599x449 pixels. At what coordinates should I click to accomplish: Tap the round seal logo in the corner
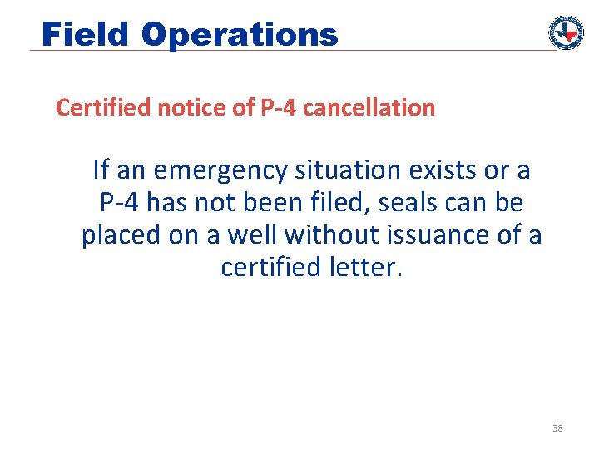tap(566, 32)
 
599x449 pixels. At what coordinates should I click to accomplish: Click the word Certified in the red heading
tap(94, 108)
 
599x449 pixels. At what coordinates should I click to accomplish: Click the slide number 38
tap(557, 429)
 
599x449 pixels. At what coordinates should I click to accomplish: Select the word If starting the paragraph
tap(101, 170)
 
